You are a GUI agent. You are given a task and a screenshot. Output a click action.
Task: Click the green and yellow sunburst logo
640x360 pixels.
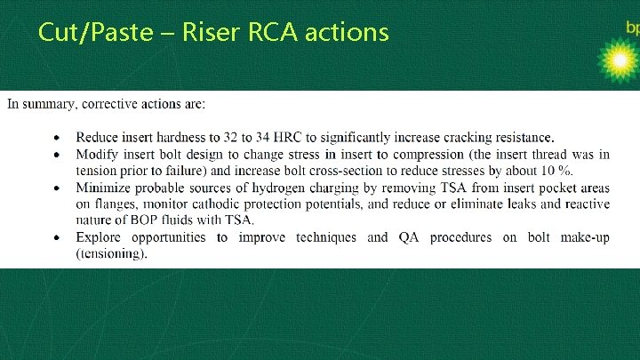pyautogui.click(x=617, y=60)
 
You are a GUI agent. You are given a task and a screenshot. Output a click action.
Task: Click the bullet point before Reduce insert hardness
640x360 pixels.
pyautogui.click(x=58, y=137)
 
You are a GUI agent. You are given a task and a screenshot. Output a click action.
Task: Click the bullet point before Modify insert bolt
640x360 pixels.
pyautogui.click(x=58, y=154)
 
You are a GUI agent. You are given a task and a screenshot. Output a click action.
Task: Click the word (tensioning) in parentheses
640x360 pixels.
pyautogui.click(x=111, y=253)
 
